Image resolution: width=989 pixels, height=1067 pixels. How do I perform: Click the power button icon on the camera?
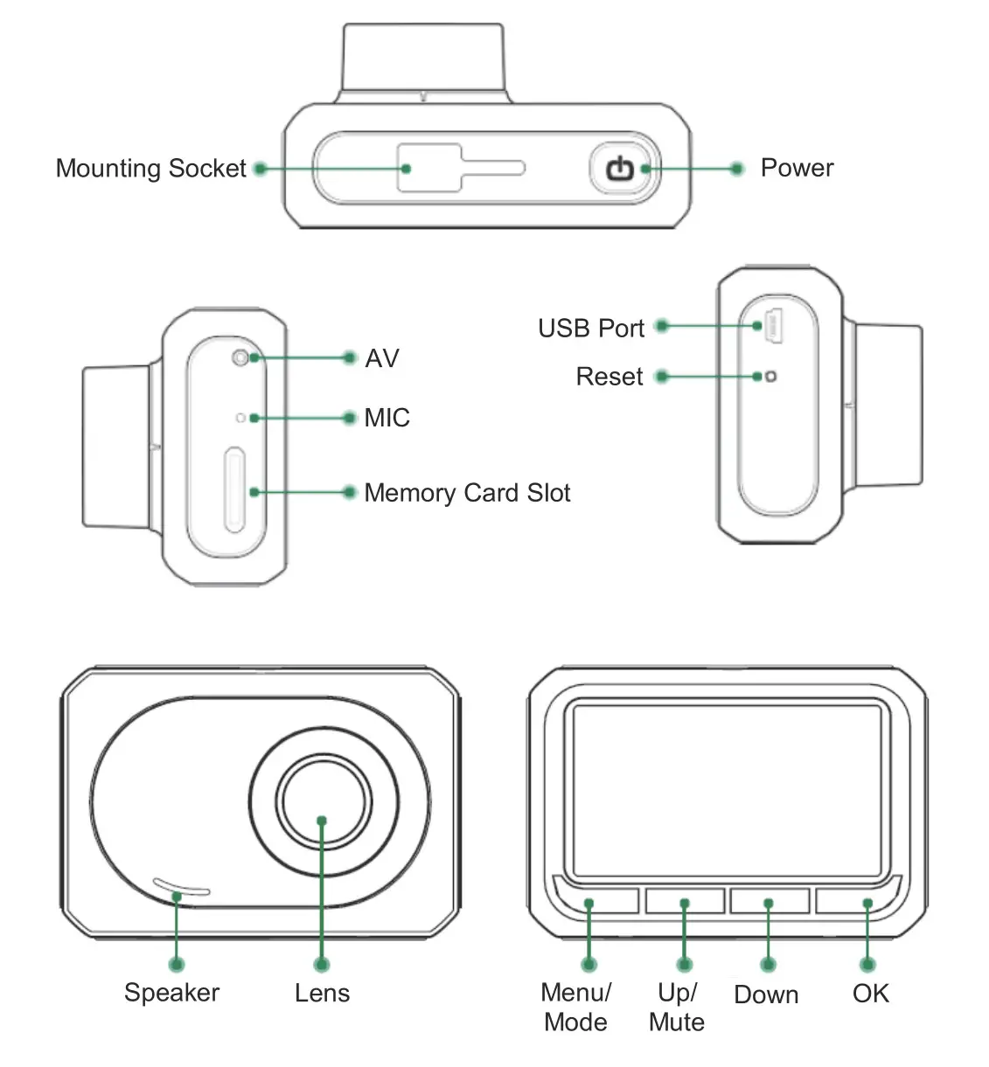coord(621,168)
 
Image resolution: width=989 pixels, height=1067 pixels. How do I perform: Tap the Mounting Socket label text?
coord(150,168)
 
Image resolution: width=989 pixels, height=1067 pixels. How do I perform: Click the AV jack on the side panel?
coord(240,357)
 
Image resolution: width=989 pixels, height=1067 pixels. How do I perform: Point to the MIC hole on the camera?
coord(240,418)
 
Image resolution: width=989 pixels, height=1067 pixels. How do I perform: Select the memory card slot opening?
coord(233,489)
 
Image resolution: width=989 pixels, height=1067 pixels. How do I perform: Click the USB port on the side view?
coord(774,327)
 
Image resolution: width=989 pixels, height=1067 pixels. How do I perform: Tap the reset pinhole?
coord(770,377)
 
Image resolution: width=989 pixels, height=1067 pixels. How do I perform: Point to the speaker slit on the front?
coord(181,887)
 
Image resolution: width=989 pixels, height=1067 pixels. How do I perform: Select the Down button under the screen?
coord(769,901)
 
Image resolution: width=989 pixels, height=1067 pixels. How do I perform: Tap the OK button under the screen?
coord(857,901)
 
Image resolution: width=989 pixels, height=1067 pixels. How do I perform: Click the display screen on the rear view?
coord(727,790)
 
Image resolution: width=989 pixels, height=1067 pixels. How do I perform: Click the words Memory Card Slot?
coord(467,493)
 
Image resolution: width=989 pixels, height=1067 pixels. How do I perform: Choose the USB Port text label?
coord(591,329)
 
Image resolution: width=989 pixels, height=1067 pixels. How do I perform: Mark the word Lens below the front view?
coord(322,993)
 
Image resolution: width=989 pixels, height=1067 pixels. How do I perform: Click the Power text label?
coord(797,168)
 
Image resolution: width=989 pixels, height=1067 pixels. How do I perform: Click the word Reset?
coord(609,377)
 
